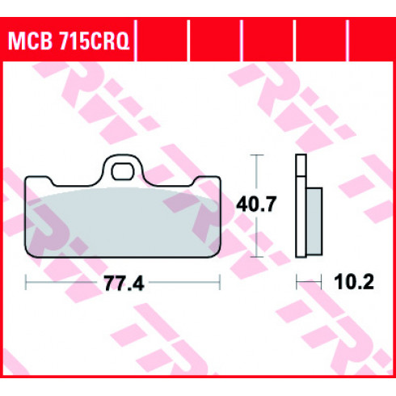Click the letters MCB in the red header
(x=30, y=40)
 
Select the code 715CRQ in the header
(x=95, y=40)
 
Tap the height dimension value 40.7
(x=256, y=204)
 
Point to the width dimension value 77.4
(x=124, y=283)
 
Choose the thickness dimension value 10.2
(x=354, y=282)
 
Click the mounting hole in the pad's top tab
(x=123, y=171)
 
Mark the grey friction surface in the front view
(x=123, y=221)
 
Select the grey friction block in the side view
(x=314, y=221)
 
